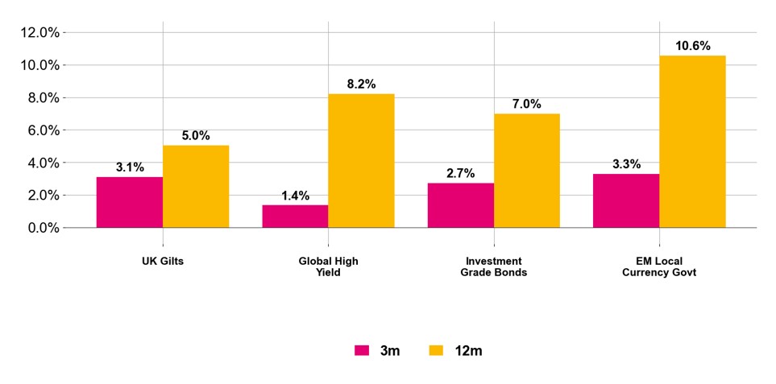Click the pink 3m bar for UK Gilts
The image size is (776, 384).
[130, 202]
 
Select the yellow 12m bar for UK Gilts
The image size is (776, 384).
[196, 186]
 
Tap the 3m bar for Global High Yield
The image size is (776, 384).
[295, 216]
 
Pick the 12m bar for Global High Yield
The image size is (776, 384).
[361, 160]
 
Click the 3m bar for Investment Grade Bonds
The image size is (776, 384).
[461, 205]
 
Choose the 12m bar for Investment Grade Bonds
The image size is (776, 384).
[527, 170]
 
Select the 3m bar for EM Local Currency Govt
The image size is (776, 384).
[626, 200]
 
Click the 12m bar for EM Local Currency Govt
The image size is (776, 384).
[692, 141]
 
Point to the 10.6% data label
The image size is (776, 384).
[693, 46]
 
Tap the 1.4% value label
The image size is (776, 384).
[295, 196]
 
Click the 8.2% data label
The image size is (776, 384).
[361, 85]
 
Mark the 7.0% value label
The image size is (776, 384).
[527, 104]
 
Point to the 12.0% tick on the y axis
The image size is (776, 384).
[39, 33]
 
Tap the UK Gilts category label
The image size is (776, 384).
[163, 262]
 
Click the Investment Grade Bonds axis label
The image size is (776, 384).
[494, 266]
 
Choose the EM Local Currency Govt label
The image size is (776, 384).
[659, 266]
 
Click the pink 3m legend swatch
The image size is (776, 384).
[362, 350]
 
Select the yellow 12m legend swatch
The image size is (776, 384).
[436, 350]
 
